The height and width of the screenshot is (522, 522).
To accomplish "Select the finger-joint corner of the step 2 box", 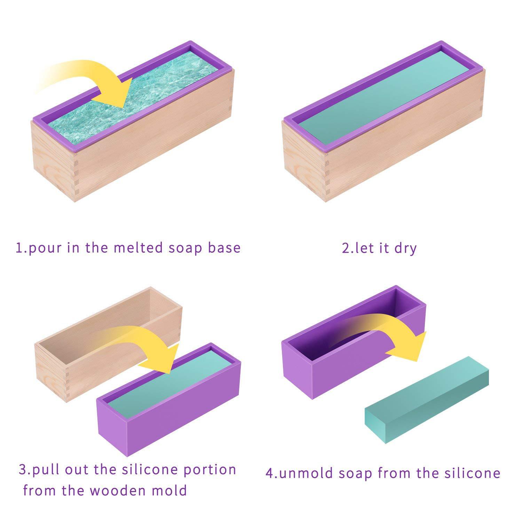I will (327, 174).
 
